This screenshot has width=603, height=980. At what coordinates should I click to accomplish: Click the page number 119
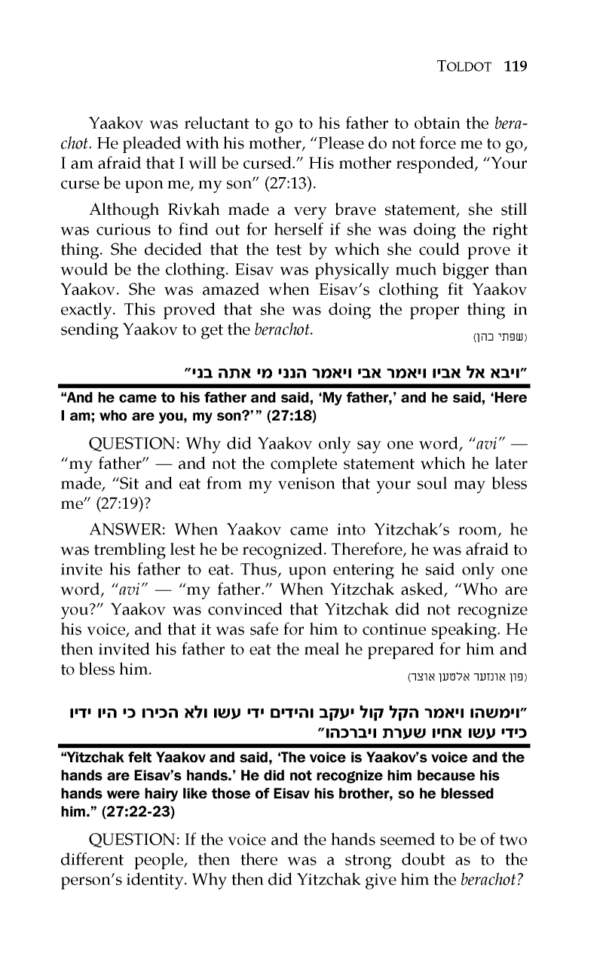(513, 66)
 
